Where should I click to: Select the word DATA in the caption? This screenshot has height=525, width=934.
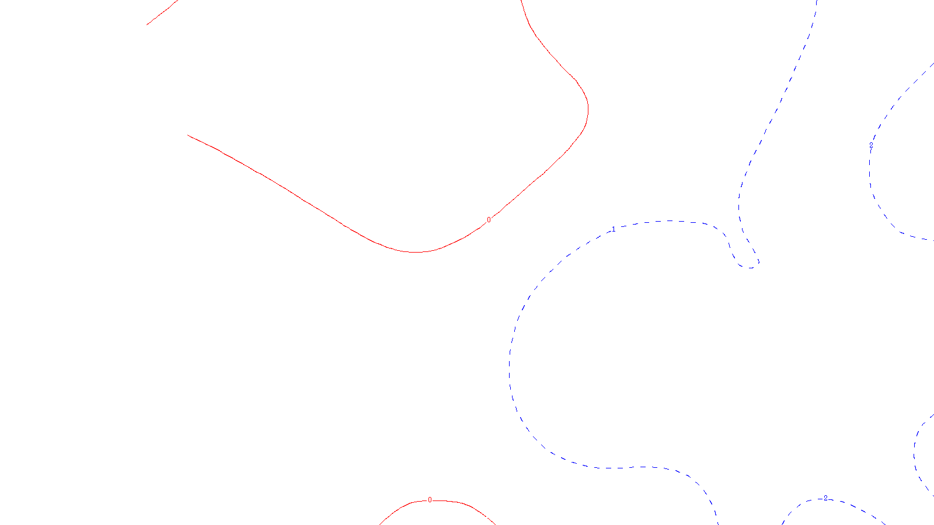click(x=493, y=516)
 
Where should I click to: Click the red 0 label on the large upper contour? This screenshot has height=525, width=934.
click(x=489, y=220)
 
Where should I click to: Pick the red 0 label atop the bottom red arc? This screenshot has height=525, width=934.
click(x=430, y=500)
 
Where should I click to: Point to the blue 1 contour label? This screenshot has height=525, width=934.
click(x=614, y=229)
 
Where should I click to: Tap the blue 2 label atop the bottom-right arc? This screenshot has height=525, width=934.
click(x=825, y=498)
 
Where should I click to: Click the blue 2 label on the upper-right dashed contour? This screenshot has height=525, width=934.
click(x=872, y=144)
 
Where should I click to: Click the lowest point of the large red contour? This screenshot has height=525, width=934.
click(x=415, y=252)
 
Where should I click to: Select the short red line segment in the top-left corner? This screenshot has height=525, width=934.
click(x=162, y=13)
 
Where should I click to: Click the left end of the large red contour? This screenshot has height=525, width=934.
click(x=188, y=135)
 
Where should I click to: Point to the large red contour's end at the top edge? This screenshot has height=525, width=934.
click(x=521, y=1)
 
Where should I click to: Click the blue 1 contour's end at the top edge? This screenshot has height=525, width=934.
click(x=816, y=1)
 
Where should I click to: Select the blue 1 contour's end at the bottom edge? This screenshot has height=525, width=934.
click(x=717, y=523)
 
